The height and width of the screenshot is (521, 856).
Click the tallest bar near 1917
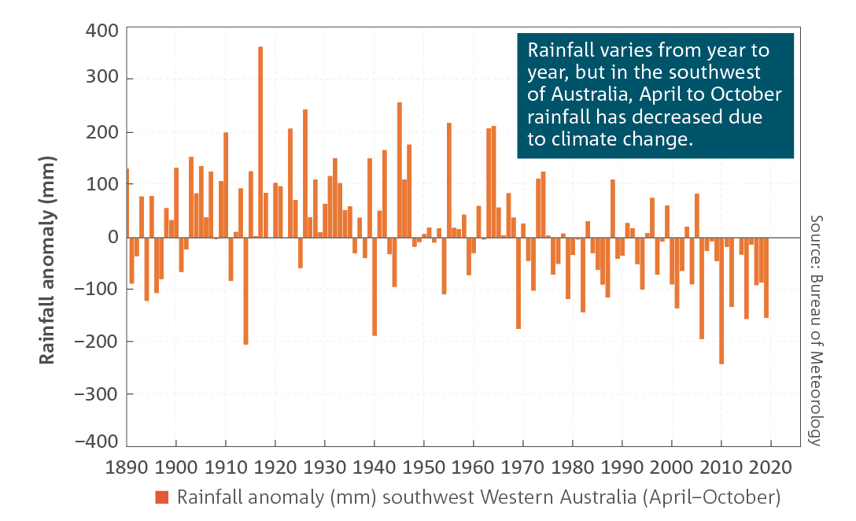point(260,142)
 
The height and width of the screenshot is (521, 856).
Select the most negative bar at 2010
point(721,301)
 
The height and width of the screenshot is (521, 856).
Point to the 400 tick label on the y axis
point(102,30)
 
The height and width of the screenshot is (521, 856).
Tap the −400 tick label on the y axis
point(97,442)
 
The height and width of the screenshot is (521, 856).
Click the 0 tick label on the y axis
point(113,237)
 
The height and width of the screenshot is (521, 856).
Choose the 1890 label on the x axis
point(126,467)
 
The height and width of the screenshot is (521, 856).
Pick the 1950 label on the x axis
point(423,467)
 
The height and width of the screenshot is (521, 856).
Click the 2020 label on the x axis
point(770,467)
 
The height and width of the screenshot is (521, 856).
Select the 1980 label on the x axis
point(572,467)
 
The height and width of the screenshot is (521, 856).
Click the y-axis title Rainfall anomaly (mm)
point(47,260)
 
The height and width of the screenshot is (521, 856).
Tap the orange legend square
point(161,497)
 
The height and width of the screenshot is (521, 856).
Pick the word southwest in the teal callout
point(714,72)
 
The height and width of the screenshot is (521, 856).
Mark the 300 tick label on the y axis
point(102,77)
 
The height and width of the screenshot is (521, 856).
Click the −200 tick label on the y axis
point(97,342)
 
